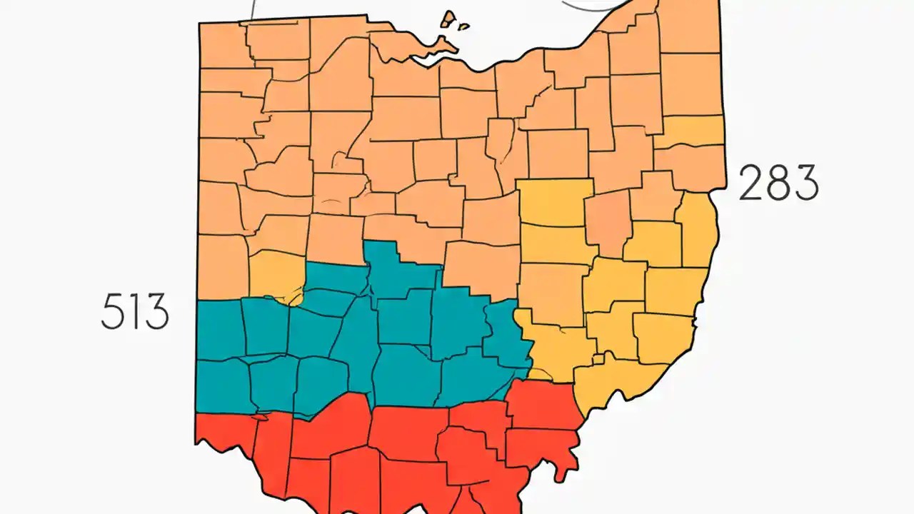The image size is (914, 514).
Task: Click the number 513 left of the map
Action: point(135,312)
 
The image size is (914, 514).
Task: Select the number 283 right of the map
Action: point(778,183)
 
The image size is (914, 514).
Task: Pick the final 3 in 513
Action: point(155,312)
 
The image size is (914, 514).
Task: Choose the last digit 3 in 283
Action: point(805,183)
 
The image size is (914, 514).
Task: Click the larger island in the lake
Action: point(448,19)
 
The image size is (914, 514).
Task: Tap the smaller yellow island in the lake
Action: point(463,27)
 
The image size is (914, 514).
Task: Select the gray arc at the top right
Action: point(586,6)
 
